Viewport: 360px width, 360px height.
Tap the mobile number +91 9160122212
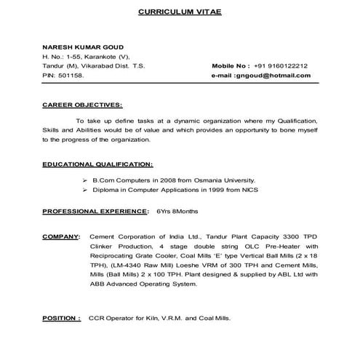281,65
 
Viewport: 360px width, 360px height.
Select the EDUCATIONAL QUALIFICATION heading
97,164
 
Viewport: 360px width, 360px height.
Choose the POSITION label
61,318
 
